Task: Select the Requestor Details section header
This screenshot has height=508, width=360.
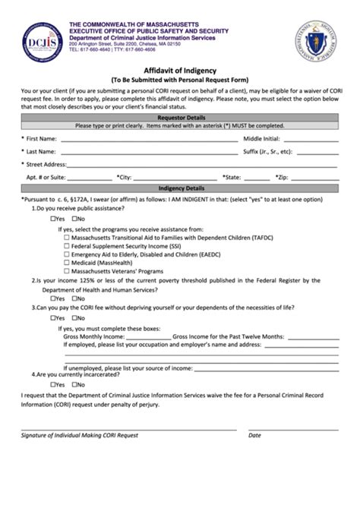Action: pyautogui.click(x=181, y=119)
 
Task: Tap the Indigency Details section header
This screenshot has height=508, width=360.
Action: pyautogui.click(x=181, y=188)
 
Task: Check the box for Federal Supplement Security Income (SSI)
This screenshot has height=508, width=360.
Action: pyautogui.click(x=67, y=246)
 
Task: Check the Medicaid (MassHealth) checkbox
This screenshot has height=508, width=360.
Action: pyautogui.click(x=67, y=263)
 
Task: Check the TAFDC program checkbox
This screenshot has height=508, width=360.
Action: pyautogui.click(x=67, y=238)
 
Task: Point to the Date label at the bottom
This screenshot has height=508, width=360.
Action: pyautogui.click(x=254, y=435)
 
